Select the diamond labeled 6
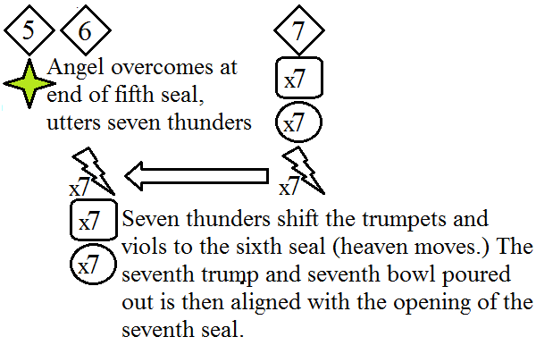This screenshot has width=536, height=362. click(85, 30)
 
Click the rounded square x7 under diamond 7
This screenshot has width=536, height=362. click(297, 80)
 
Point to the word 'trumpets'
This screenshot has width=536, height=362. click(424, 220)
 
